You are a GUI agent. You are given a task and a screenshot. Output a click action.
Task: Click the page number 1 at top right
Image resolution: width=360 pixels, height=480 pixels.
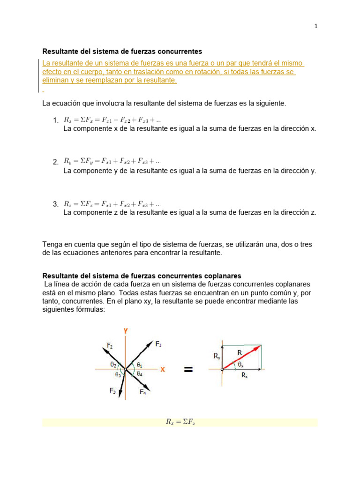(316, 26)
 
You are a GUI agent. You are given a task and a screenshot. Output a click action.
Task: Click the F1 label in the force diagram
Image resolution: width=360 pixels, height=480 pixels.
(158, 344)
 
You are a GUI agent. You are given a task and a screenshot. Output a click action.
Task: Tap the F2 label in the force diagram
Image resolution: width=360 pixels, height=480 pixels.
(109, 345)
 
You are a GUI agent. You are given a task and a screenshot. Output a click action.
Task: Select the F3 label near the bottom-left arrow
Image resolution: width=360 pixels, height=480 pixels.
(112, 391)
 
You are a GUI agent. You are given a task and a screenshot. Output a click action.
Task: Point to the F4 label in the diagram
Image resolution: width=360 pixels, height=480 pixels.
(142, 393)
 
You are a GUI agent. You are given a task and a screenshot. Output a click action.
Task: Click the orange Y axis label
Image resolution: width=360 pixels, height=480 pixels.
(126, 331)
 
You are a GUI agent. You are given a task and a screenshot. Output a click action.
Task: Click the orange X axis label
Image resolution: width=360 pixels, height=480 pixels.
(163, 369)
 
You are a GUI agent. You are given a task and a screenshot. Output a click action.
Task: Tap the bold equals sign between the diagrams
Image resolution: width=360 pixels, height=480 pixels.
(188, 370)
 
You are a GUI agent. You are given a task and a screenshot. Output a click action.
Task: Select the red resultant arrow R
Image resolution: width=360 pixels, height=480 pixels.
(241, 357)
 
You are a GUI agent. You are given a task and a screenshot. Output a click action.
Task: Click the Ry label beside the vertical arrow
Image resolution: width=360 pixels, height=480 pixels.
(217, 356)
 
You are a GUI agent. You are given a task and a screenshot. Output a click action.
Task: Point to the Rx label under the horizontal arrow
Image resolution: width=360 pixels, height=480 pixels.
(245, 375)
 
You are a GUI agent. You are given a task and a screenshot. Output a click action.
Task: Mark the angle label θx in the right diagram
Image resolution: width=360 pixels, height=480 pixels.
(240, 364)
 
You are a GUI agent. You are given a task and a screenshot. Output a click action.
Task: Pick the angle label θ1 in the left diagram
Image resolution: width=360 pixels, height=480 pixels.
(140, 364)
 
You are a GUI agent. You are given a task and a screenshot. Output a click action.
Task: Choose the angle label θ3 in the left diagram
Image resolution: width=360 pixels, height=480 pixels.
(118, 375)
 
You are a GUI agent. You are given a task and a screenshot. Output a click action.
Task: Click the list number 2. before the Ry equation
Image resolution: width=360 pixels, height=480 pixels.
(56, 162)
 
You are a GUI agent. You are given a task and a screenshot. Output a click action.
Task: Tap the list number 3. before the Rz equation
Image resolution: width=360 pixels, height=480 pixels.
(56, 204)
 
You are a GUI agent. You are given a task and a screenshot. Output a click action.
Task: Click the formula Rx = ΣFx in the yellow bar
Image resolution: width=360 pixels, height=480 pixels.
(180, 422)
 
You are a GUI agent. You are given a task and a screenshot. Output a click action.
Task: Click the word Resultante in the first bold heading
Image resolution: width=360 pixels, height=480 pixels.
(60, 51)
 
